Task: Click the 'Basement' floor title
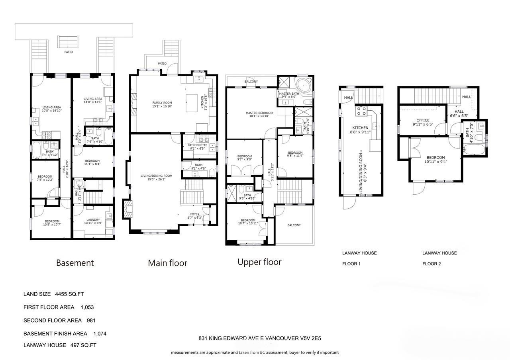(75, 263)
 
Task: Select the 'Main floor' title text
(167, 263)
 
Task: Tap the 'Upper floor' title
(259, 262)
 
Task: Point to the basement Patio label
(69, 52)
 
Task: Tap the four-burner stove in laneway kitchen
(362, 111)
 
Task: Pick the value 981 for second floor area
(90, 321)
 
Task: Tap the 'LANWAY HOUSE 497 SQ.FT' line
(60, 345)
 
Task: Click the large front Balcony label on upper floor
(294, 225)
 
